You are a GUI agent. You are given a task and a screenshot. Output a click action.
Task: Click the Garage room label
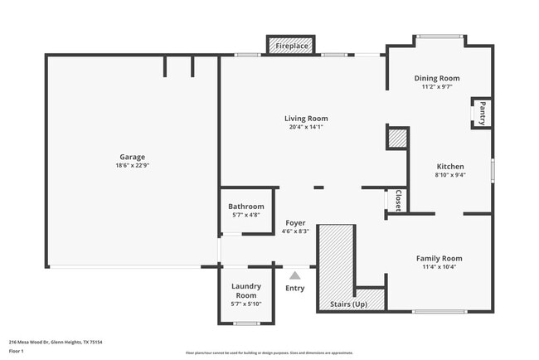pyautogui.click(x=132, y=157)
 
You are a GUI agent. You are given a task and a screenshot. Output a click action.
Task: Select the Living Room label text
pyautogui.click(x=306, y=118)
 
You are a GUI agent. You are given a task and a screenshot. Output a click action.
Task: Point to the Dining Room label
pyautogui.click(x=437, y=78)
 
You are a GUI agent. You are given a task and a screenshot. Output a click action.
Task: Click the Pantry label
pyautogui.click(x=481, y=109)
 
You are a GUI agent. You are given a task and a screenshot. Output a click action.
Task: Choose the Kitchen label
pyautogui.click(x=450, y=166)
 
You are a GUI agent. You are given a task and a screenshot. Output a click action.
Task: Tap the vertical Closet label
pyautogui.click(x=398, y=201)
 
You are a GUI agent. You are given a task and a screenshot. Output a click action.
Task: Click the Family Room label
pyautogui.click(x=439, y=258)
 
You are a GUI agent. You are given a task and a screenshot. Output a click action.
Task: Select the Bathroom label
pyautogui.click(x=246, y=207)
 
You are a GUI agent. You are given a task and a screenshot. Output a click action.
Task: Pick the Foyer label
pyautogui.click(x=295, y=222)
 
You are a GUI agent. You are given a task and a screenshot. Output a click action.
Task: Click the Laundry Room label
pyautogui.click(x=246, y=290)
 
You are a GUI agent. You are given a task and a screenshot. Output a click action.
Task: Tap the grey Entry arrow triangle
pyautogui.click(x=294, y=275)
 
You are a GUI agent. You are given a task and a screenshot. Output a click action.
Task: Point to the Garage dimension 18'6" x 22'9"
pyautogui.click(x=132, y=165)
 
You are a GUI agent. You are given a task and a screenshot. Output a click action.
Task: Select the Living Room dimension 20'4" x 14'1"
pyautogui.click(x=306, y=127)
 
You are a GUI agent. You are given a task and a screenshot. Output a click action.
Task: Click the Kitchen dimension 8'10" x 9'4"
pyautogui.click(x=450, y=175)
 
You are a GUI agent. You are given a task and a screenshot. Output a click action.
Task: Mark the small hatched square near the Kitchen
pyautogui.click(x=398, y=139)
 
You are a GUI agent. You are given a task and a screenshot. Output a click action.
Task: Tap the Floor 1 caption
pyautogui.click(x=17, y=351)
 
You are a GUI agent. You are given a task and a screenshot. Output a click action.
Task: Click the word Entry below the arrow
pyautogui.click(x=294, y=288)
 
